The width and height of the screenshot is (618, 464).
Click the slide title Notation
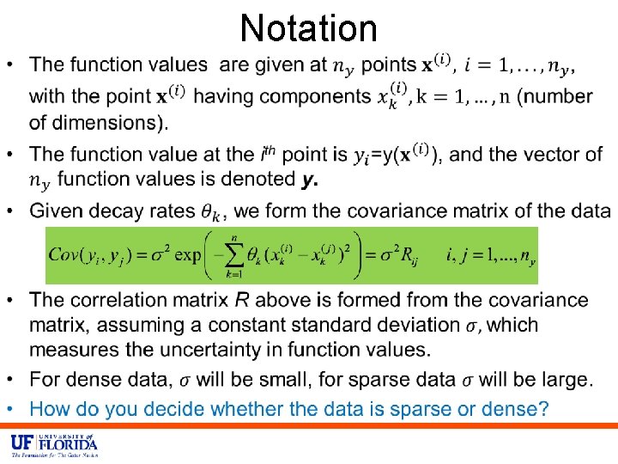[309, 27]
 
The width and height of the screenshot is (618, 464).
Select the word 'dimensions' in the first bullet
[95, 122]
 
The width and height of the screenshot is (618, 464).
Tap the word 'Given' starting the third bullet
[55, 211]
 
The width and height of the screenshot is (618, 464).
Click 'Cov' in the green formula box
[64, 253]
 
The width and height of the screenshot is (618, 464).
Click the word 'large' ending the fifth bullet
[568, 380]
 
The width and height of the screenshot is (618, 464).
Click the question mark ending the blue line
[542, 409]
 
